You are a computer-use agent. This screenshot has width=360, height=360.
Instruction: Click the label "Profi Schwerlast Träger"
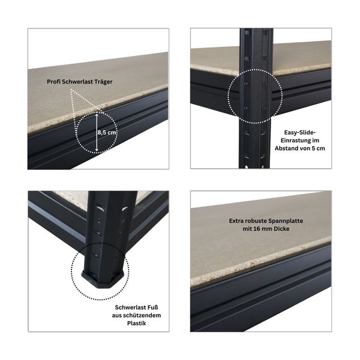click(80, 82)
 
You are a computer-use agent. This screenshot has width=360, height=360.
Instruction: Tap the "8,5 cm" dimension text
click(107, 133)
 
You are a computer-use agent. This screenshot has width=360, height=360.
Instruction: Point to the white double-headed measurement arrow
click(97, 133)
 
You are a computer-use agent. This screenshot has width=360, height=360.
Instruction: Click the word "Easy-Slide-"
click(300, 133)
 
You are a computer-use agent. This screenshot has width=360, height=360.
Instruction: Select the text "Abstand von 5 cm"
click(300, 148)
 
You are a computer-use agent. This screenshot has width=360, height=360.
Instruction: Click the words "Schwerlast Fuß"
click(136, 307)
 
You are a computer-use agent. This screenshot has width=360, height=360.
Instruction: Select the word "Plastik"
click(137, 323)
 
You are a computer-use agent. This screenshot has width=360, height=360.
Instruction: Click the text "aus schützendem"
click(136, 316)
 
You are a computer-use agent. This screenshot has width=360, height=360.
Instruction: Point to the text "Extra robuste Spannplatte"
click(266, 221)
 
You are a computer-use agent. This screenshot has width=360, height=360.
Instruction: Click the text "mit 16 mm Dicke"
click(266, 229)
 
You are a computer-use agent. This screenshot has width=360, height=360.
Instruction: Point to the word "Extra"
click(236, 221)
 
